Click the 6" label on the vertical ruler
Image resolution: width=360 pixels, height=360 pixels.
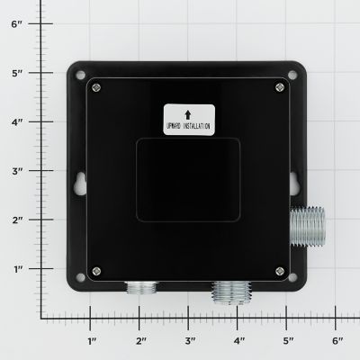click(16, 24)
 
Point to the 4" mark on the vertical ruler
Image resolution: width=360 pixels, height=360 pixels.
click(16, 122)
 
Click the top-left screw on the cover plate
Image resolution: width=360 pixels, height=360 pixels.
click(97, 87)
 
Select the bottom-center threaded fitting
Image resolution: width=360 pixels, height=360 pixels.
click(226, 292)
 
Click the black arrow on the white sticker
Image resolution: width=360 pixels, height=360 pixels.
click(186, 113)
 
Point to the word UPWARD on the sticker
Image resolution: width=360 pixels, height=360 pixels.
click(175, 128)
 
